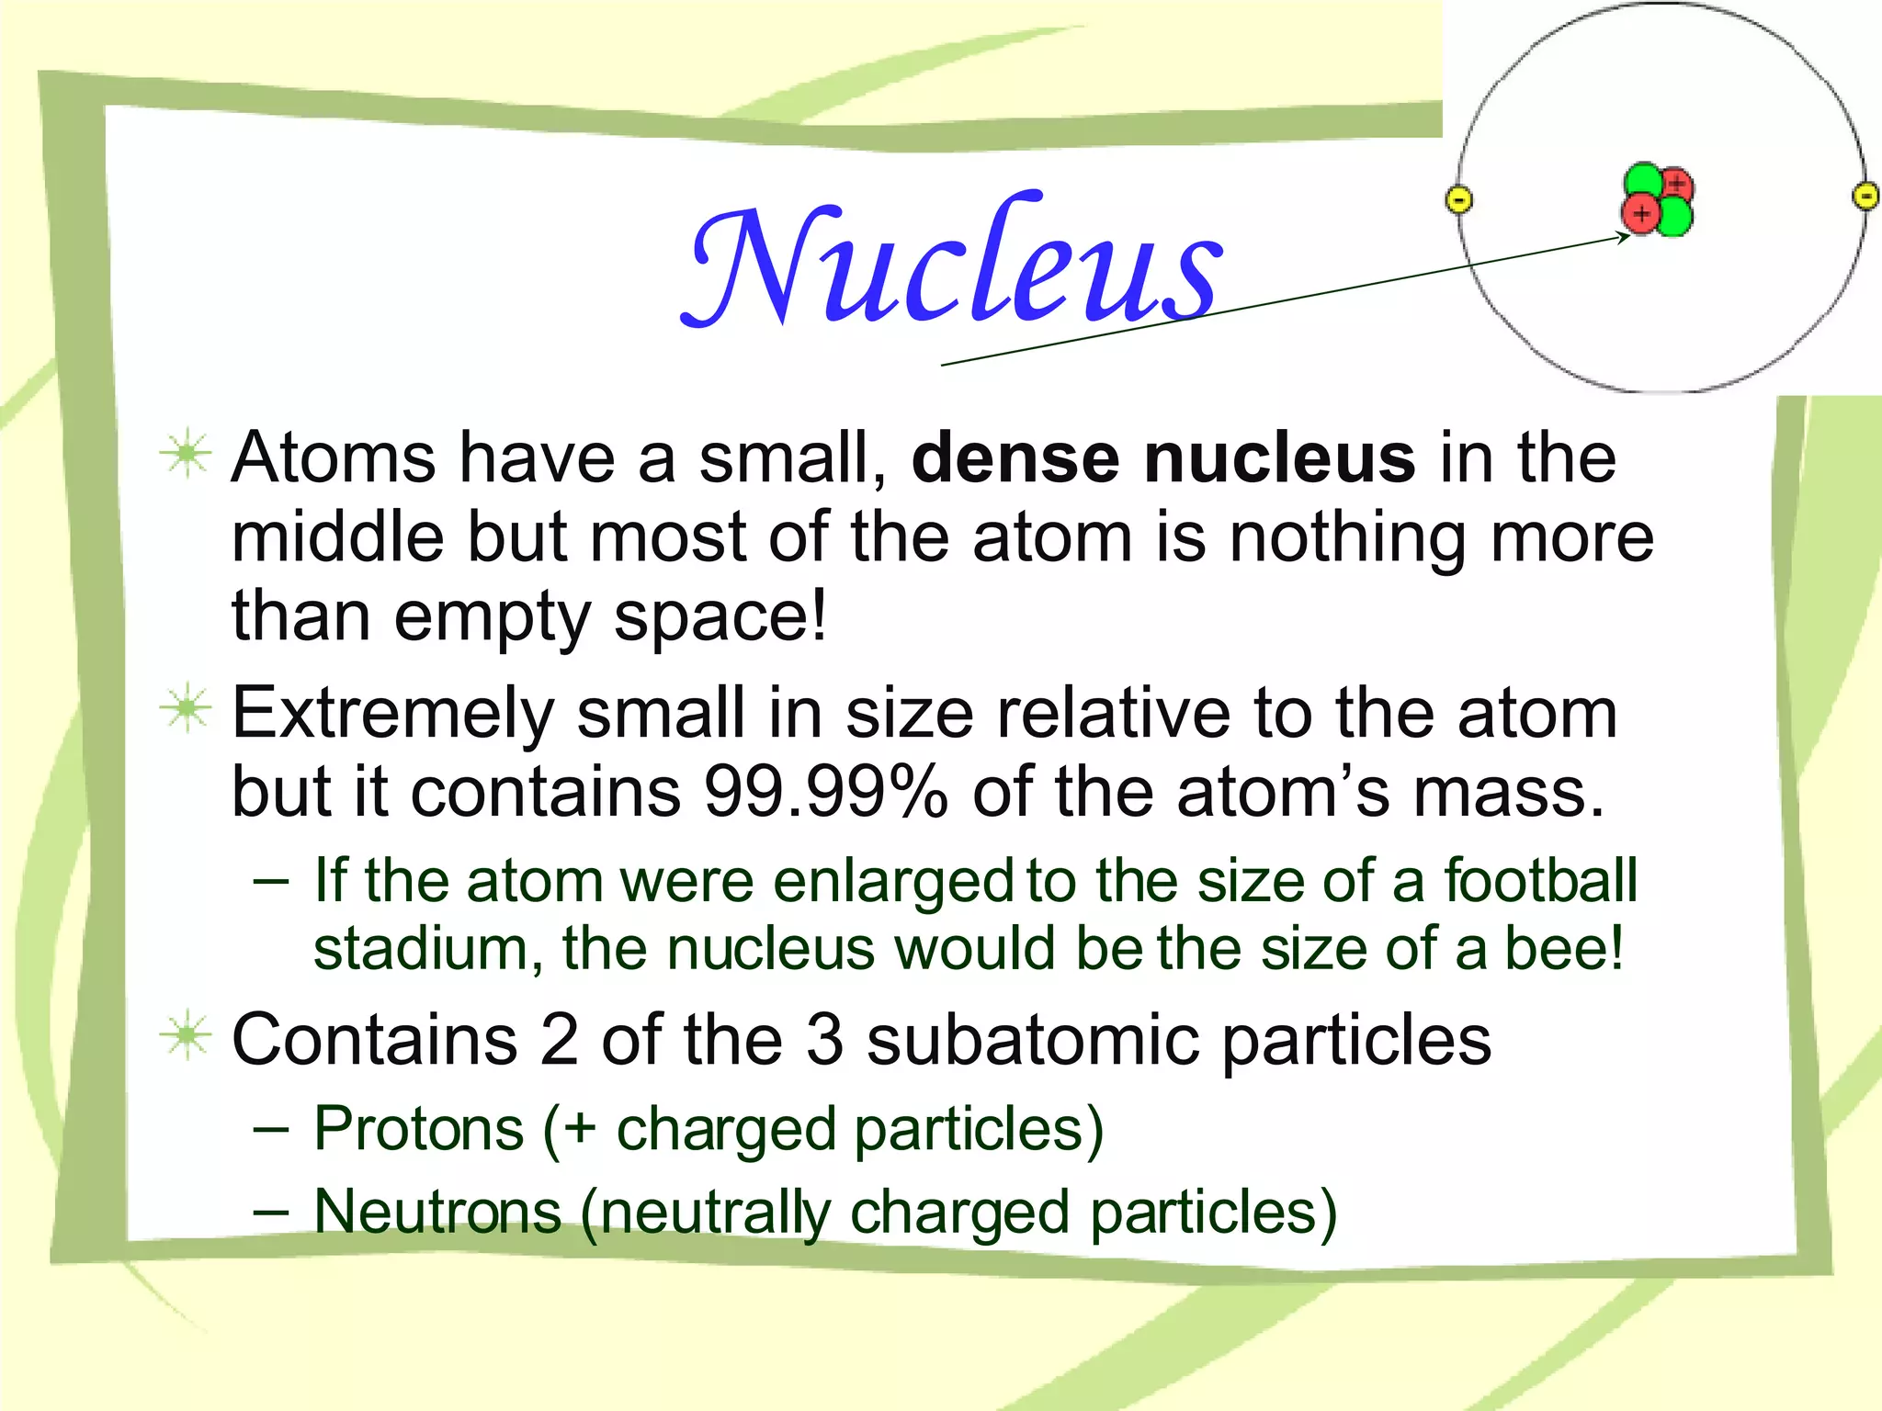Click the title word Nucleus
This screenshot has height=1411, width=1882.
pos(954,262)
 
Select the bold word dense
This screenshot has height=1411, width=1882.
pos(1015,457)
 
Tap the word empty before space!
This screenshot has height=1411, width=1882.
pos(492,615)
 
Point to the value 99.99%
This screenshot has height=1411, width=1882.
pos(825,792)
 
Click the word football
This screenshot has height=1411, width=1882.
pos(1541,880)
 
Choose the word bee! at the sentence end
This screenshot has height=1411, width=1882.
pos(1564,948)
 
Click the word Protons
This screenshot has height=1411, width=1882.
pos(419,1128)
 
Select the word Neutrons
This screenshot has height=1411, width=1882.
pos(437,1211)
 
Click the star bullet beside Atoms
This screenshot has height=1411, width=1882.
pos(186,454)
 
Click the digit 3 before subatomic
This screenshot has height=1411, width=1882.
pos(824,1040)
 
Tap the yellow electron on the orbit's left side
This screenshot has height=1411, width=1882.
pos(1459,199)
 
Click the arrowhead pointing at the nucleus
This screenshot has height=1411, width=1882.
pos(1624,237)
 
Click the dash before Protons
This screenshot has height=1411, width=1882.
pos(271,1128)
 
